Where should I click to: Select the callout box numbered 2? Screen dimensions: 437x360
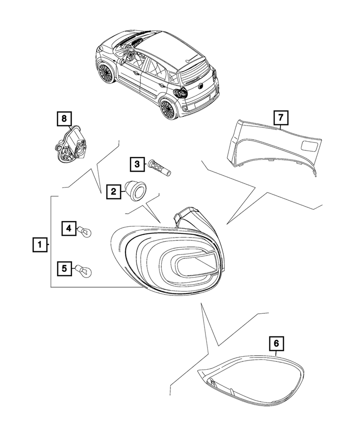[113, 191]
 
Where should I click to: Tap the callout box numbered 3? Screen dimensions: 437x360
[137, 164]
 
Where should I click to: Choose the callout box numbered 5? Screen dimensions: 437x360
[64, 268]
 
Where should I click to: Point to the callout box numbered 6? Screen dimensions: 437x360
[276, 344]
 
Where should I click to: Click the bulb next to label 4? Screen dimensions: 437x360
[85, 230]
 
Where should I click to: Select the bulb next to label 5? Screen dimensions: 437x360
[84, 271]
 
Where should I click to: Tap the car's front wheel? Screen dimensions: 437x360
[105, 73]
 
